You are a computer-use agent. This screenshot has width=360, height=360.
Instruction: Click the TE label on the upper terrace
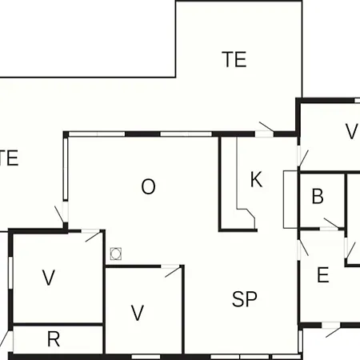(x=234, y=59)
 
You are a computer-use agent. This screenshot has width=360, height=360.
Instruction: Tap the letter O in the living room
(x=148, y=186)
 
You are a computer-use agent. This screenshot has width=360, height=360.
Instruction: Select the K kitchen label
(x=256, y=179)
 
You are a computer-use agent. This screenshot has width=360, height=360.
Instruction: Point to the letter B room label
(x=318, y=196)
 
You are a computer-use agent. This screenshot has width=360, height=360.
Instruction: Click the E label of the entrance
(x=323, y=274)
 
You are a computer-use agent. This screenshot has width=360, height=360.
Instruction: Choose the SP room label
(x=245, y=299)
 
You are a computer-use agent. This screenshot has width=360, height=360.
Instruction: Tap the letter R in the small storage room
(x=54, y=339)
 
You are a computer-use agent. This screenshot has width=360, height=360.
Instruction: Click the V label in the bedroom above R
(x=49, y=278)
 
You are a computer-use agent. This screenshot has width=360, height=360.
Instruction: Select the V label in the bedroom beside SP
(x=138, y=313)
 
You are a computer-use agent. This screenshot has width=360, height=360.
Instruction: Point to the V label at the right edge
(x=351, y=131)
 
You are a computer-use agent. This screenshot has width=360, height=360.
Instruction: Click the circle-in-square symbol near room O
(x=116, y=254)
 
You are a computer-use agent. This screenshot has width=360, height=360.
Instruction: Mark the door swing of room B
(x=331, y=223)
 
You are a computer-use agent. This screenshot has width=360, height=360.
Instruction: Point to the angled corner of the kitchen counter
(x=250, y=214)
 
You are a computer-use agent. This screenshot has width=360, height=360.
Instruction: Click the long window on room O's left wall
(x=66, y=169)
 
